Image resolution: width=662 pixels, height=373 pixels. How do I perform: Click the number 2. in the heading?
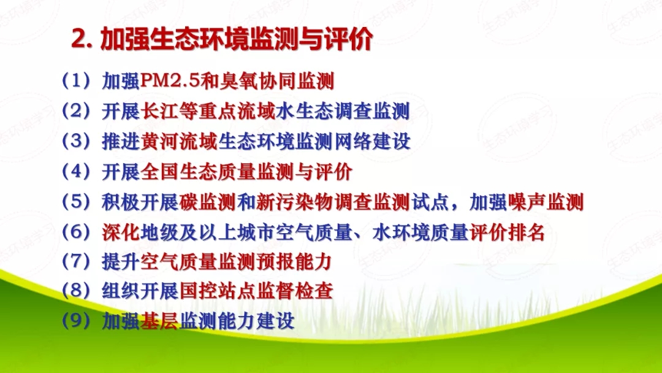click(82, 40)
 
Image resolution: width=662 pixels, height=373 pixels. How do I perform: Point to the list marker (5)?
click(76, 202)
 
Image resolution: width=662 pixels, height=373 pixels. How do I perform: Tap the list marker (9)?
click(76, 321)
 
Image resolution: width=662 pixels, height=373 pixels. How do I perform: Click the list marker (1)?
click(76, 81)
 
